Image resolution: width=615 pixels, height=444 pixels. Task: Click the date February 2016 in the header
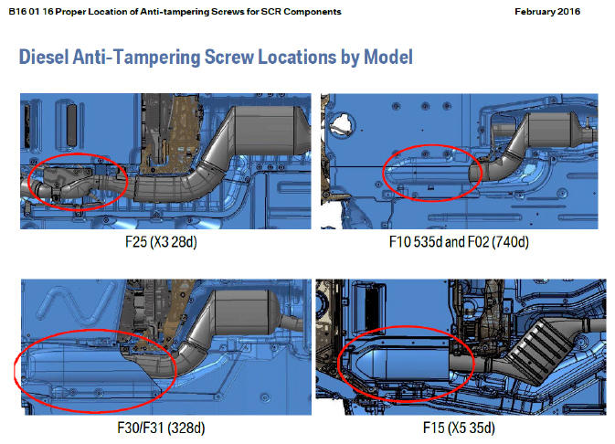(547, 12)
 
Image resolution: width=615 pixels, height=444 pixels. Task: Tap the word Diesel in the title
(44, 57)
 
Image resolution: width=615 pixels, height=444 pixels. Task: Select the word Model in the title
(388, 57)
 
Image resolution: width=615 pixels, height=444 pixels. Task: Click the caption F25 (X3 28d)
(161, 241)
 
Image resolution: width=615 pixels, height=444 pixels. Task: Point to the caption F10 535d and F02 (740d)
(459, 241)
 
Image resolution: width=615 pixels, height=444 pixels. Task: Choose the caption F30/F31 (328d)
(161, 428)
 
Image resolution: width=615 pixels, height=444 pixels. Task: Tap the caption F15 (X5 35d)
(459, 428)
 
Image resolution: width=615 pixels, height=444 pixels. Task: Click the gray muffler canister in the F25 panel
(266, 131)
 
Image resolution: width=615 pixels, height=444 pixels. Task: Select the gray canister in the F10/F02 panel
(549, 131)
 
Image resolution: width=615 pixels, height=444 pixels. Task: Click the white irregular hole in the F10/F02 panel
(342, 125)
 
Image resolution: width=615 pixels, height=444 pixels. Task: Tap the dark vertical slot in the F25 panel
(71, 125)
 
